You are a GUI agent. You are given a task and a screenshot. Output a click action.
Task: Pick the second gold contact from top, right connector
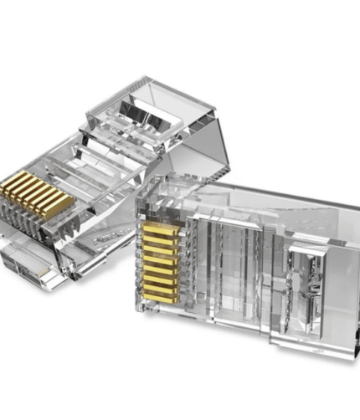tap(160, 237)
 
